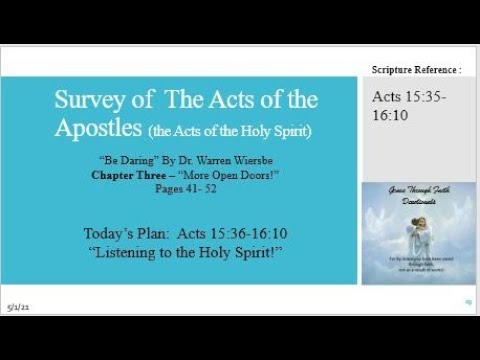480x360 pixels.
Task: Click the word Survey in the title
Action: coord(85,100)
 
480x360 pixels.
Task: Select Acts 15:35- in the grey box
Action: coord(409,97)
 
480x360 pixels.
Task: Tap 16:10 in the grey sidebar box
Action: coord(391,116)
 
